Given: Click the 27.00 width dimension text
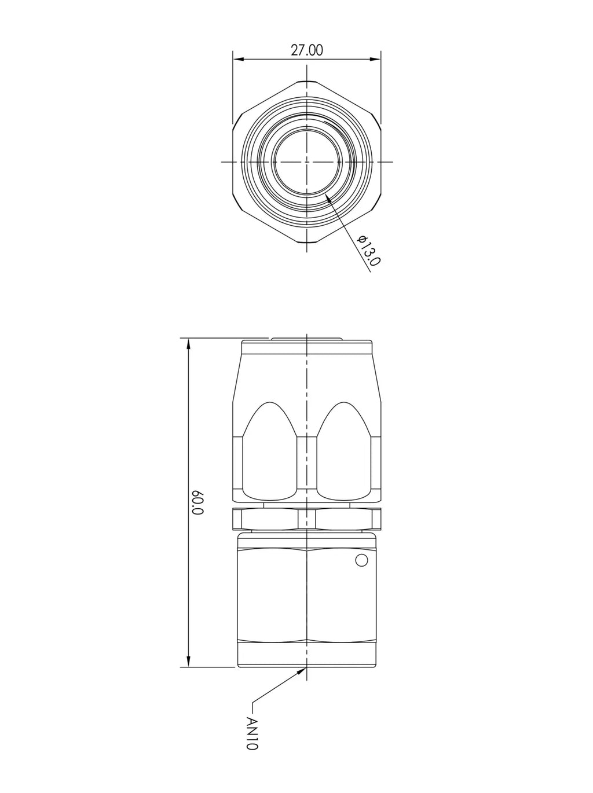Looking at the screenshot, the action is [307, 50].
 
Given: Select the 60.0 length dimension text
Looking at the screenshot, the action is [199, 502].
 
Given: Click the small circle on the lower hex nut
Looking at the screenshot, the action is [361, 560].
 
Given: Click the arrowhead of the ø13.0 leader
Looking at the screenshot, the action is [328, 198].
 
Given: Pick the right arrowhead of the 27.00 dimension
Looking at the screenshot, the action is [375, 59].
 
